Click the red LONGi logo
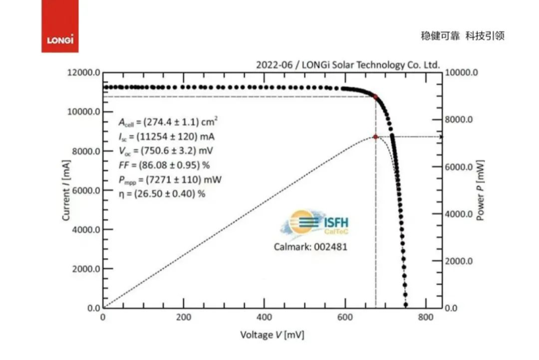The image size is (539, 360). pyautogui.click(x=59, y=27)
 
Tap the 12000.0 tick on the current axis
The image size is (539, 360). pyautogui.click(x=83, y=72)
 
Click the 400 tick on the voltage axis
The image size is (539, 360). pyautogui.click(x=265, y=318)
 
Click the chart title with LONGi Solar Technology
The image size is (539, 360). pyautogui.click(x=348, y=65)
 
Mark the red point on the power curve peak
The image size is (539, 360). pyautogui.click(x=375, y=137)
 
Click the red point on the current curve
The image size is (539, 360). pyautogui.click(x=375, y=97)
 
